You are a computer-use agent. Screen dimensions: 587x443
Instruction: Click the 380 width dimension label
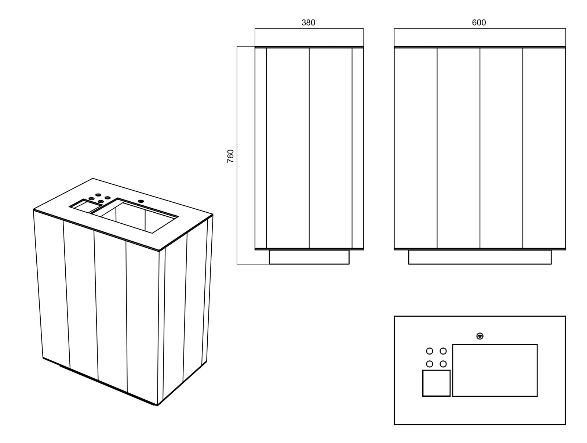[x=308, y=23]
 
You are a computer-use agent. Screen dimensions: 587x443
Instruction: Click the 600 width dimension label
[x=479, y=22]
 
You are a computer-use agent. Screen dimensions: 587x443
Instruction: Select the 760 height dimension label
[x=230, y=156]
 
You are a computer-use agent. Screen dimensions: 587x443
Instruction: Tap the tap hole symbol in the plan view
[x=480, y=336]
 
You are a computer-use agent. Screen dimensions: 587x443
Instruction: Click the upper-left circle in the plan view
[x=430, y=351]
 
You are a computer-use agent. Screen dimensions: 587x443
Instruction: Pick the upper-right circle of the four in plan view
[x=443, y=351]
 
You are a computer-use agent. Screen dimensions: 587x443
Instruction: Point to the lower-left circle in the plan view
[x=430, y=364]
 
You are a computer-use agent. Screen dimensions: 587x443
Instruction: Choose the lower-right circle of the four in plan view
[x=443, y=364]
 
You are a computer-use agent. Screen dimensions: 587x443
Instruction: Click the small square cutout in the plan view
[x=436, y=383]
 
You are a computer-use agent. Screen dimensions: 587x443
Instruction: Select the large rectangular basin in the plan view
[x=495, y=370]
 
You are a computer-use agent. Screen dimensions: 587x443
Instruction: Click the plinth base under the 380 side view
[x=309, y=257]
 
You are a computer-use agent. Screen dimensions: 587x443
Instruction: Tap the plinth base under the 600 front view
[x=480, y=257]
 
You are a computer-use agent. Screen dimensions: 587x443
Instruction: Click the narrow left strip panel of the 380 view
[x=260, y=148]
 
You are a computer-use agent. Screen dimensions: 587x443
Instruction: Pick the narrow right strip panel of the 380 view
[x=358, y=148]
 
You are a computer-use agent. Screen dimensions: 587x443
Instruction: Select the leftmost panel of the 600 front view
[x=416, y=148]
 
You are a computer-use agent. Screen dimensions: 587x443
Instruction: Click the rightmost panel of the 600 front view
[x=544, y=148]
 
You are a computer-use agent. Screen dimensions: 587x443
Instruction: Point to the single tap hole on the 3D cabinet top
[x=141, y=201]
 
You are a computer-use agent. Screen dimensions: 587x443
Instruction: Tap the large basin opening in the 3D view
[x=134, y=216]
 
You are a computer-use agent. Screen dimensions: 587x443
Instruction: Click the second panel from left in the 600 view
[x=458, y=148]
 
